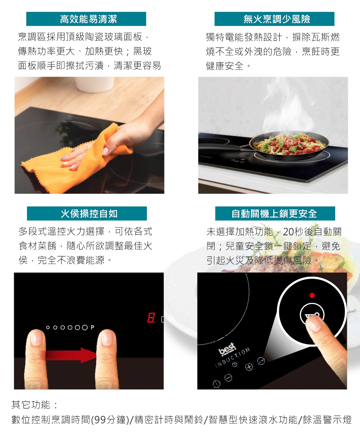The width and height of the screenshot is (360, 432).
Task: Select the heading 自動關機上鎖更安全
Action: point(274,214)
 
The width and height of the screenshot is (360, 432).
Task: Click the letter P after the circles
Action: point(92,328)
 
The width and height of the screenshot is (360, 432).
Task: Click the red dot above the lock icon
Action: point(312,295)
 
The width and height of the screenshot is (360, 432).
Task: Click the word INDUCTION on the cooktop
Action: point(233,358)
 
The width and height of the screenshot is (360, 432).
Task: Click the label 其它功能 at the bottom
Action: point(31,405)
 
